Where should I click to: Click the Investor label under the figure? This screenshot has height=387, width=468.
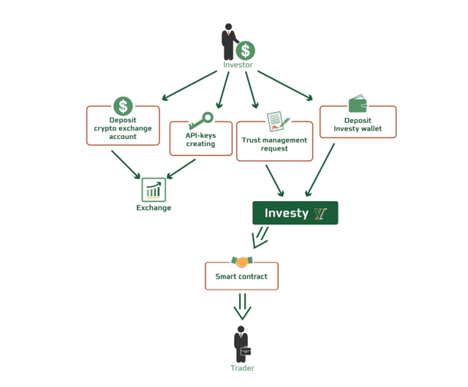(238, 65)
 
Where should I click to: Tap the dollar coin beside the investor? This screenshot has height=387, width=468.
(246, 50)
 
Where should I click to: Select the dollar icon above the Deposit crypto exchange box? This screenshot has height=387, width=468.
(123, 106)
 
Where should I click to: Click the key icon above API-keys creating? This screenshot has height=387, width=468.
(201, 120)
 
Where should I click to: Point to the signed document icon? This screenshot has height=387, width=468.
(278, 121)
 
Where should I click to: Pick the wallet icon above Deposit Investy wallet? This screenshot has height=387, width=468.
(358, 103)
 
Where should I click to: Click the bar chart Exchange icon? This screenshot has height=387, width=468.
(154, 190)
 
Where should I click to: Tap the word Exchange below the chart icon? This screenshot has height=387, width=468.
(154, 208)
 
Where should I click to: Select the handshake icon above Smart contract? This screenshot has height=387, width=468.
(242, 262)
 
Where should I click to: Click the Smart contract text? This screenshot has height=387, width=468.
(241, 277)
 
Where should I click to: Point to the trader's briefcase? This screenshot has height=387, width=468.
(246, 351)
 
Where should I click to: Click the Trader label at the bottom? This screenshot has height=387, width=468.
(242, 368)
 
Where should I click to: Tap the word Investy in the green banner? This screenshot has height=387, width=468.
(286, 213)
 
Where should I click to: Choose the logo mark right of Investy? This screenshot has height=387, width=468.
(320, 214)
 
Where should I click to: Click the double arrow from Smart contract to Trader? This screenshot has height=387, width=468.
(242, 307)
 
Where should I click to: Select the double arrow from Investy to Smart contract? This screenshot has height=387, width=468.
(260, 238)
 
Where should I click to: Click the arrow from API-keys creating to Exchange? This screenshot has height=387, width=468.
(181, 169)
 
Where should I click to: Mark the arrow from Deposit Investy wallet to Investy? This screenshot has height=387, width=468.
(320, 170)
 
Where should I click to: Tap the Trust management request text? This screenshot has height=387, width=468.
(274, 144)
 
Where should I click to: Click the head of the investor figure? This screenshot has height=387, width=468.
(229, 27)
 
